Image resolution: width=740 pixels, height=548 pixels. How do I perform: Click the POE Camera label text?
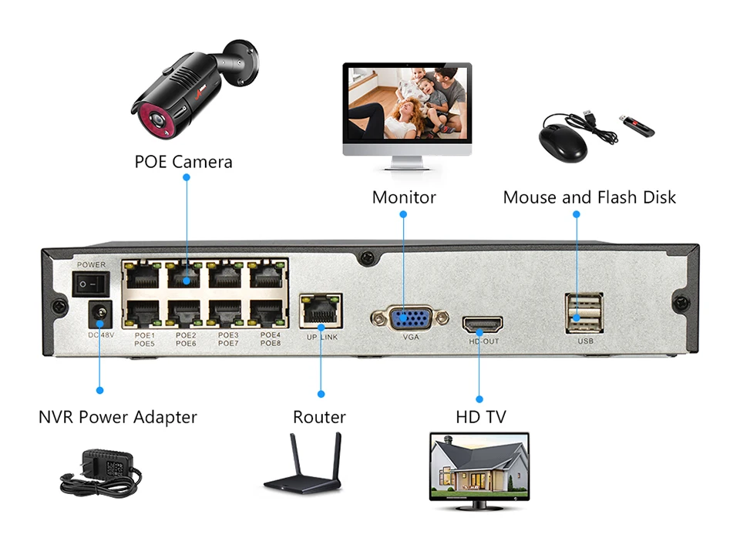[x=183, y=162]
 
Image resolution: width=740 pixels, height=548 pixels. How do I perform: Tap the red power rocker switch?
[x=90, y=284]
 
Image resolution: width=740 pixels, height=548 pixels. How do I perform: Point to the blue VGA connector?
[x=409, y=318]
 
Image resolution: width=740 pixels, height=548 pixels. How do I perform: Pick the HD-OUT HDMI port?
[x=482, y=324]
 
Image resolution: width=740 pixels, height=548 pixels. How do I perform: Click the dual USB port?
[x=584, y=312]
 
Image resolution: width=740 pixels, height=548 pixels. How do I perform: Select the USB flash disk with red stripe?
[x=636, y=126]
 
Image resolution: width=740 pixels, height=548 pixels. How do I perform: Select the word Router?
[x=319, y=418]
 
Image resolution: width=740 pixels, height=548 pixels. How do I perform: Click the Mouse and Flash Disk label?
[x=589, y=197]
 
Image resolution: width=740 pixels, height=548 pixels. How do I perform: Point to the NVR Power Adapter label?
[x=118, y=418]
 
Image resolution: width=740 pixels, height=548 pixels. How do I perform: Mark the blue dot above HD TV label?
[x=479, y=399]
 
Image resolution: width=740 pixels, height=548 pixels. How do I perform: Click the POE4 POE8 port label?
[x=270, y=339]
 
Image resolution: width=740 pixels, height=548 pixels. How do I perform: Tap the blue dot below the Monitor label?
[x=404, y=215]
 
